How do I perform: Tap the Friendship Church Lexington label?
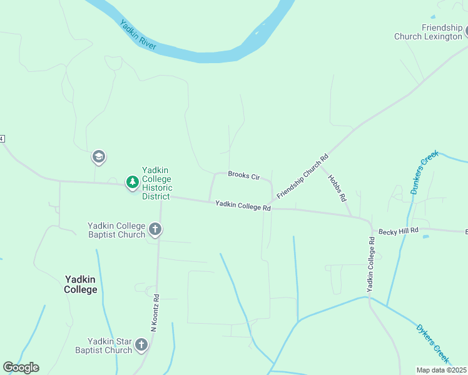(x=427, y=32)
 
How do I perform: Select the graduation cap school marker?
(x=98, y=156)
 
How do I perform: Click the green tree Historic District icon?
(x=132, y=182)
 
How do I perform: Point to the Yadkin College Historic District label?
(x=157, y=183)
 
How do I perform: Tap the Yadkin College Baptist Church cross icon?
(x=155, y=230)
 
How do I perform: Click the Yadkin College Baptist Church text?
(x=116, y=230)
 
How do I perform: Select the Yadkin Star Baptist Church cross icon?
(x=142, y=344)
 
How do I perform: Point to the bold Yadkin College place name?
(x=80, y=284)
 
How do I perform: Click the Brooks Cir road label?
(x=243, y=176)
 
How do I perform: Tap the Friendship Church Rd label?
(x=302, y=177)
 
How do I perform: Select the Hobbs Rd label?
(x=337, y=187)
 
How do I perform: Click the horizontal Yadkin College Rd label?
(x=243, y=205)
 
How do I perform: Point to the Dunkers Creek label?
(x=422, y=176)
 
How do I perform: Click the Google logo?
(x=21, y=367)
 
